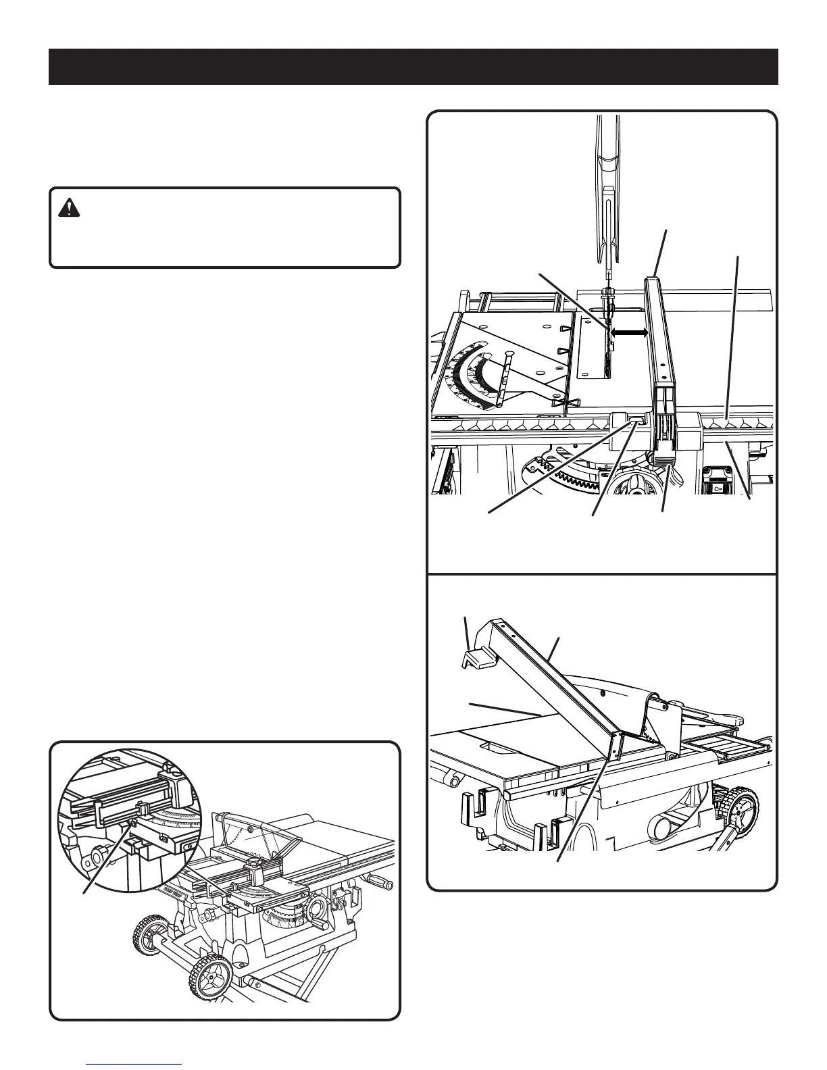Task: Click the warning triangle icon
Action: pyautogui.click(x=69, y=209)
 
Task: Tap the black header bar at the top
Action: pyautogui.click(x=413, y=67)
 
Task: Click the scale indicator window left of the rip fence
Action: pyautogui.click(x=636, y=421)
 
